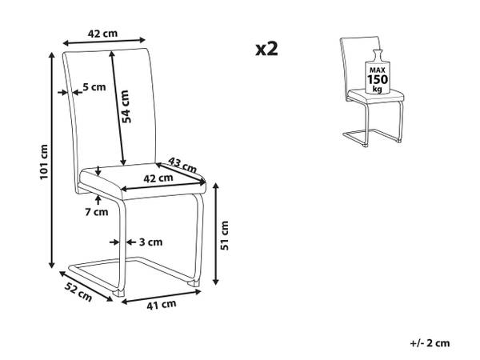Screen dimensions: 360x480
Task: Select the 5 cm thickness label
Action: point(94,88)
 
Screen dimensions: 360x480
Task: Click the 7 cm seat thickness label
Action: point(96,212)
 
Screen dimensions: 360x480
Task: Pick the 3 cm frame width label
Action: point(152,242)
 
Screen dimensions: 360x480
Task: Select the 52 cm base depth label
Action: point(78,290)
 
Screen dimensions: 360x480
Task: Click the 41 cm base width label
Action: point(162,304)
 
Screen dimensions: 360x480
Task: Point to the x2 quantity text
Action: point(266,50)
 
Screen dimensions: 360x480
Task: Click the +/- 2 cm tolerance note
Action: point(429,342)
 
